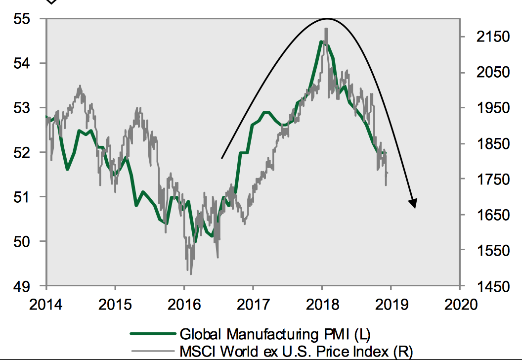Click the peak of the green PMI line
point(321,42)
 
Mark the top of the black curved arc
point(326,19)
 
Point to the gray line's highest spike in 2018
point(326,29)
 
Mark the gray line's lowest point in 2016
point(190,273)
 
